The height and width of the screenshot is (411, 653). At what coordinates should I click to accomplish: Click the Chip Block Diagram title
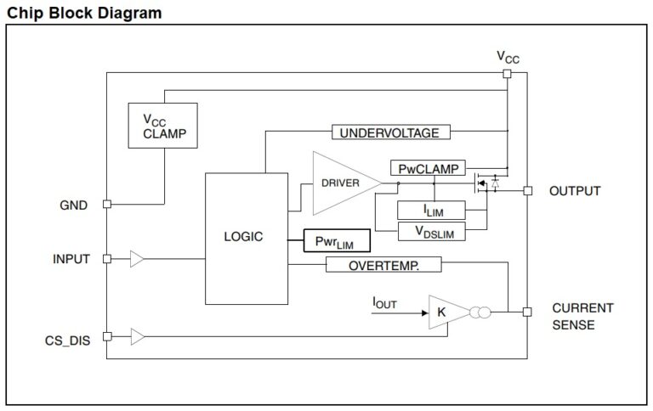(84, 12)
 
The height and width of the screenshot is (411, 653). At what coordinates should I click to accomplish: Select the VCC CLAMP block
(162, 126)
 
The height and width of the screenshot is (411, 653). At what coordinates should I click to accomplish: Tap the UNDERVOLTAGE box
(389, 132)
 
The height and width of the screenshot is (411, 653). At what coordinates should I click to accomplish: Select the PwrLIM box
(338, 241)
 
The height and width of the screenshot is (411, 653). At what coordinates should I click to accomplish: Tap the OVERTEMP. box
(383, 265)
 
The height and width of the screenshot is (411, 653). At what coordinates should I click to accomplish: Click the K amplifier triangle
(445, 312)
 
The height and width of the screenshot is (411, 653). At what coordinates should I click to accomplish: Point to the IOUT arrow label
(384, 302)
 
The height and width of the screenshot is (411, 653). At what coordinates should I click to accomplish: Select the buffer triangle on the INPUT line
(137, 259)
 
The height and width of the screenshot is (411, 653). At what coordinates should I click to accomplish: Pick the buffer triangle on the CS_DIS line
(137, 337)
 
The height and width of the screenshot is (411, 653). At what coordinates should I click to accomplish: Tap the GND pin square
(106, 204)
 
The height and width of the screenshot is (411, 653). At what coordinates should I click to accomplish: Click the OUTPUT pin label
(574, 191)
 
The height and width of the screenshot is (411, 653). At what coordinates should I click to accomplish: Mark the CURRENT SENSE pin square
(527, 312)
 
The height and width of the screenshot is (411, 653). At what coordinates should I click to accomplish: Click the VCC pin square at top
(507, 74)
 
